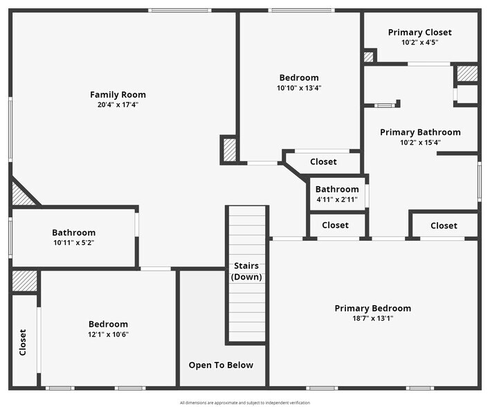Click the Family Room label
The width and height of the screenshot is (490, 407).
pyautogui.click(x=118, y=95)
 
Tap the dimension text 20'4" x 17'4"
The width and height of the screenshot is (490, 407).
pyautogui.click(x=118, y=105)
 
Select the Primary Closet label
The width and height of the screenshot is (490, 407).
pyautogui.click(x=419, y=33)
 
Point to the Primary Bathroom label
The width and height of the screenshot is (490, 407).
pyautogui.click(x=419, y=132)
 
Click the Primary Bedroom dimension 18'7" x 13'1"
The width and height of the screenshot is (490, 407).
pyautogui.click(x=372, y=318)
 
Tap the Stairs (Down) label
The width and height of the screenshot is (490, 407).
pyautogui.click(x=246, y=271)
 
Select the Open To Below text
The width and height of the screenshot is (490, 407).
pyautogui.click(x=221, y=365)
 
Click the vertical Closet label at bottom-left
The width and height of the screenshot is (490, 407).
pyautogui.click(x=23, y=342)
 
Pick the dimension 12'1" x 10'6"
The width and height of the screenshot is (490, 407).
pyautogui.click(x=108, y=334)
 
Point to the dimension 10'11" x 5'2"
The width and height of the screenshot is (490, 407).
pyautogui.click(x=73, y=243)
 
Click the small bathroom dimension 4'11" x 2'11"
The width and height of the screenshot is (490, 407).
pyautogui.click(x=337, y=199)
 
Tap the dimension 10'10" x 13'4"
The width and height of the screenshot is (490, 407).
pyautogui.click(x=299, y=88)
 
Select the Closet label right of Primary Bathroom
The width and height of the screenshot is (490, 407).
pyautogui.click(x=444, y=226)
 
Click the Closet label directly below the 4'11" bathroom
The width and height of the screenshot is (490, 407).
pyautogui.click(x=335, y=225)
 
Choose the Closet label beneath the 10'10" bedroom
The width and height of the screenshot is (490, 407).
pyautogui.click(x=323, y=162)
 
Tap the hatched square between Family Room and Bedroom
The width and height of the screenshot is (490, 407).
pyautogui.click(x=229, y=149)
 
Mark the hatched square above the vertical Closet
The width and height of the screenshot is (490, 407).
pyautogui.click(x=24, y=280)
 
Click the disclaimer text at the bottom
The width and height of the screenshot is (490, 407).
pyautogui.click(x=245, y=402)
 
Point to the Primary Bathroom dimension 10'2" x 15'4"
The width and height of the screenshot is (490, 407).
pyautogui.click(x=419, y=143)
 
